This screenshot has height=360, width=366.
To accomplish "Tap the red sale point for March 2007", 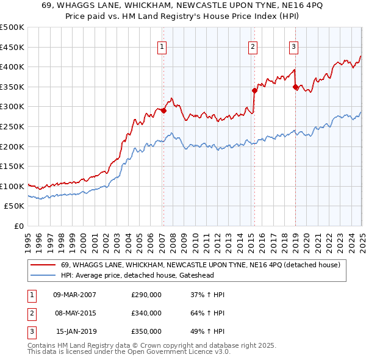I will pos(163,110).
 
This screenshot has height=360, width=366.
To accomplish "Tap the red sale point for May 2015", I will pos(254,90).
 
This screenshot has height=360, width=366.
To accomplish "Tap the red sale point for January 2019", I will pos(295,87).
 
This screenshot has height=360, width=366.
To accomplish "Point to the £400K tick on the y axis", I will pos(13,67).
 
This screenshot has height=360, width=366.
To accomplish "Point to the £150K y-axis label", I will pos(13,166).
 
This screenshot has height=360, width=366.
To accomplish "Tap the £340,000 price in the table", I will pos(146,314).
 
